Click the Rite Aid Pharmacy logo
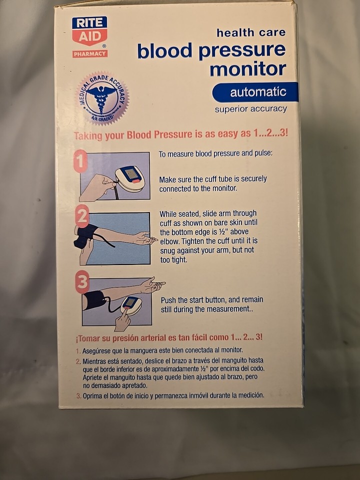pos(89,37)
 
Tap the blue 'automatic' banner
pos(255,92)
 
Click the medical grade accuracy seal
pos(102,98)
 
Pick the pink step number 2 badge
pos(82,216)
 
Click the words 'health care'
pos(250,32)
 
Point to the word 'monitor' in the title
pos(247,68)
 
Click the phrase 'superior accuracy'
pos(250,109)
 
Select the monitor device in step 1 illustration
pos(129,177)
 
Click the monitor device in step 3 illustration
pos(131,304)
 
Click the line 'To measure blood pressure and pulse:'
pos(215,153)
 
